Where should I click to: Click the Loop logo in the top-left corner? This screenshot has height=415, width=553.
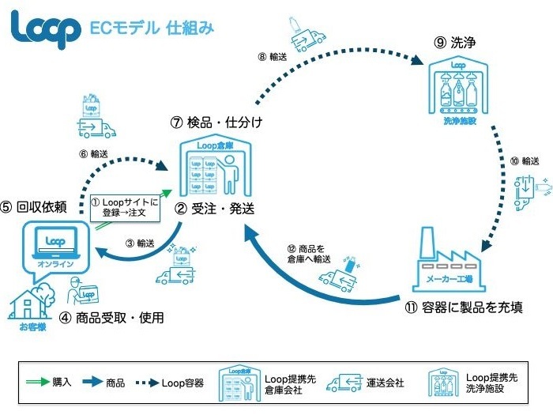(46, 28)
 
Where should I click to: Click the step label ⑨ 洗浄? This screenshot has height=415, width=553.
(453, 44)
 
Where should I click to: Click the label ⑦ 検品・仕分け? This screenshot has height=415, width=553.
(216, 123)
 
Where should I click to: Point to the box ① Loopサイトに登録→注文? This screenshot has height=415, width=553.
(126, 207)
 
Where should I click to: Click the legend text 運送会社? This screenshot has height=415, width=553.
(386, 382)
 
